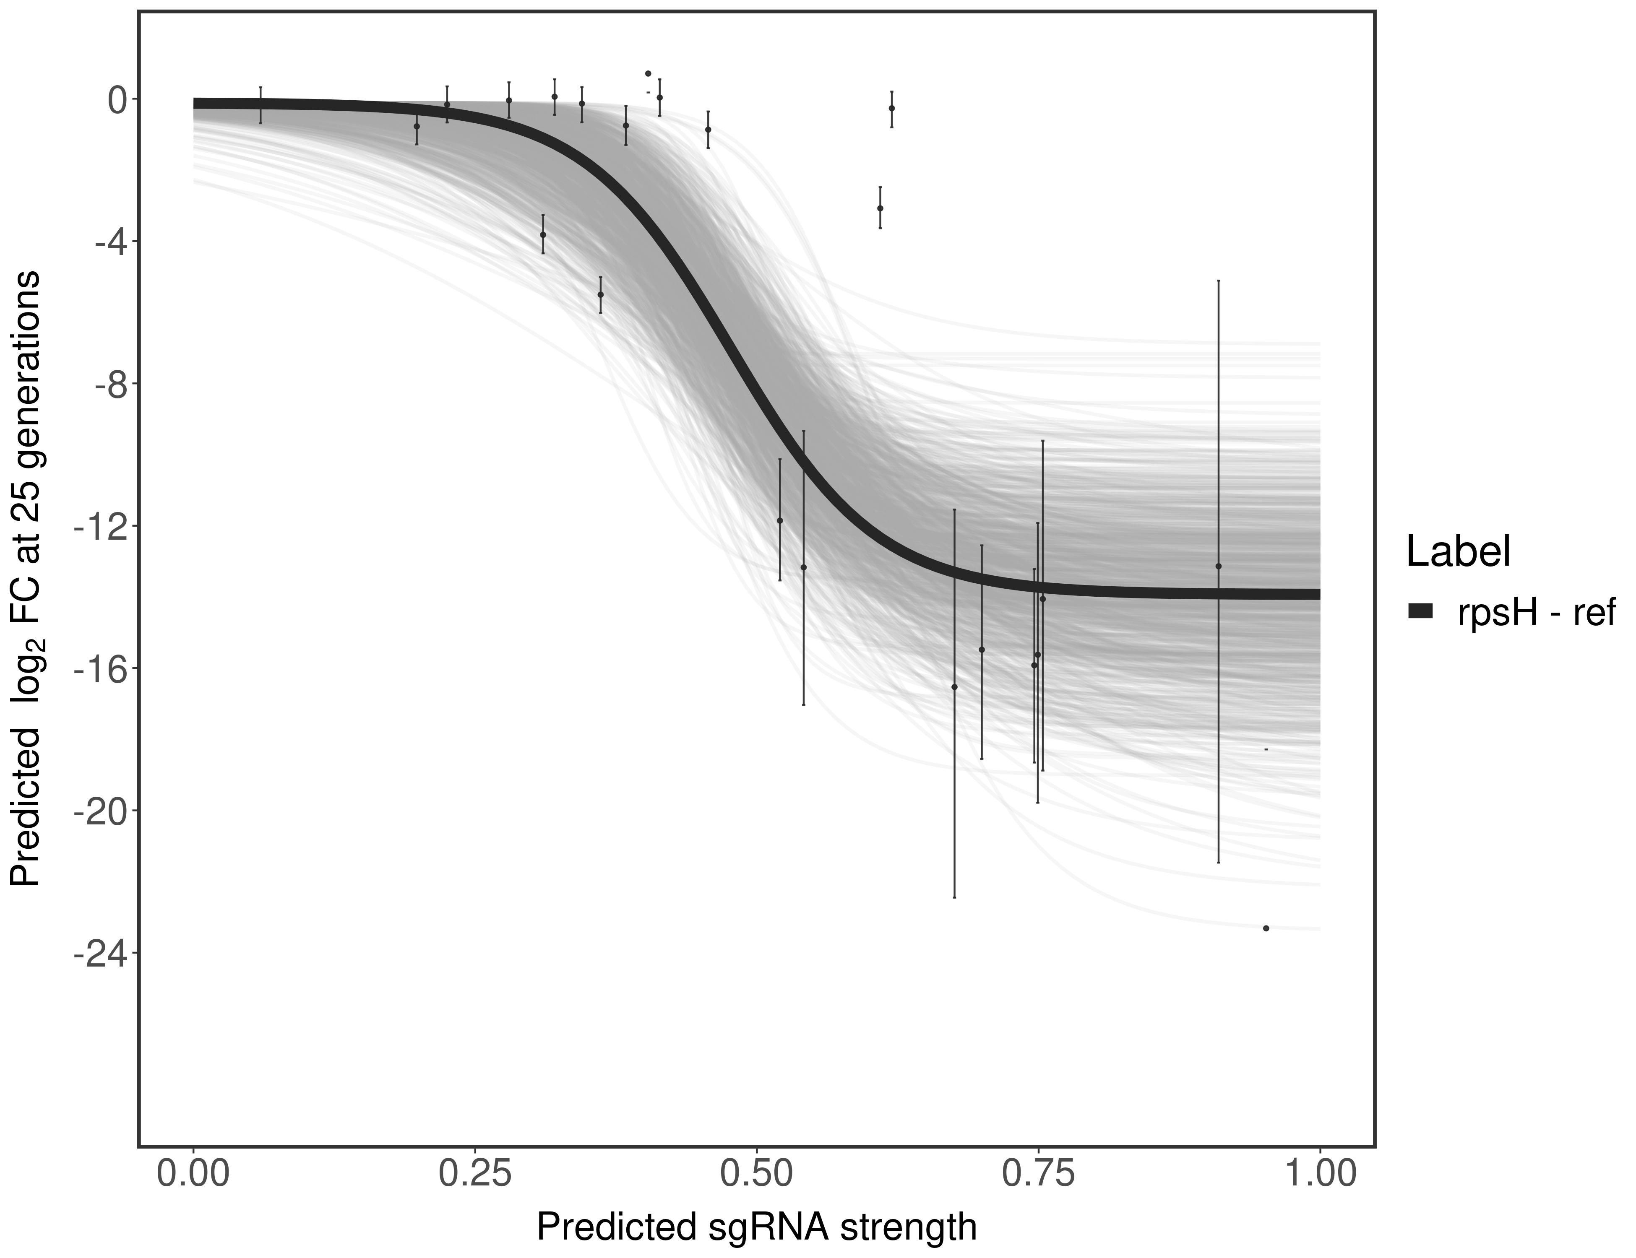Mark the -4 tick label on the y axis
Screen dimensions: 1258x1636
(107, 241)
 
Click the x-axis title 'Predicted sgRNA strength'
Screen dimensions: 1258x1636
(757, 1229)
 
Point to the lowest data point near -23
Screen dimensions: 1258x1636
(1266, 928)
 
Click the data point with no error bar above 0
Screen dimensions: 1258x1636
(648, 73)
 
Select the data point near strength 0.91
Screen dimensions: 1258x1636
(1219, 566)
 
